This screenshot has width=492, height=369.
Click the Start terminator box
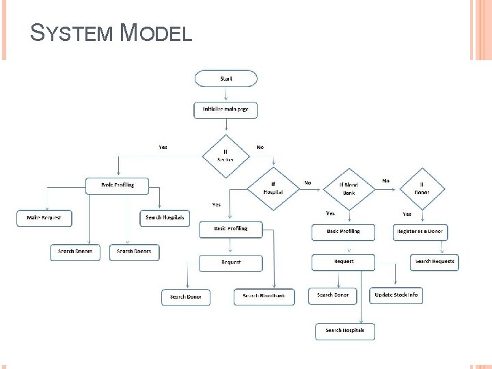tap(226, 79)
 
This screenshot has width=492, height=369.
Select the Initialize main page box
tap(225, 109)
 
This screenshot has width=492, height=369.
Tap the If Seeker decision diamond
tap(225, 156)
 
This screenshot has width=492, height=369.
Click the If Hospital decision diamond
tap(273, 188)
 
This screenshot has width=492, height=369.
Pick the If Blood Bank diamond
tap(349, 188)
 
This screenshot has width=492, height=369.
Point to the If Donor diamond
tap(422, 188)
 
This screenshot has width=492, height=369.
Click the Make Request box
tap(44, 218)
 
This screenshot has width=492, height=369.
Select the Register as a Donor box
tap(420, 232)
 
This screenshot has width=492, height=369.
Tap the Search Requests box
tap(435, 262)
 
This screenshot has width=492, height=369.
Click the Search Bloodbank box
tap(264, 297)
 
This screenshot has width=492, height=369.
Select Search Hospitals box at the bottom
tap(345, 331)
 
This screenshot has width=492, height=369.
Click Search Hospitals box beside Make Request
tap(165, 218)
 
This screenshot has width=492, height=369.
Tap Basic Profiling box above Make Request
tap(118, 185)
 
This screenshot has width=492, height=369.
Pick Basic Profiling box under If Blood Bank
tap(343, 232)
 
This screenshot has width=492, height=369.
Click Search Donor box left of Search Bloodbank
tap(186, 297)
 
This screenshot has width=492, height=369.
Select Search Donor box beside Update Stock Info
tap(333, 295)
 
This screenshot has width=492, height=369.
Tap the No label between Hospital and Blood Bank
tap(307, 183)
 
